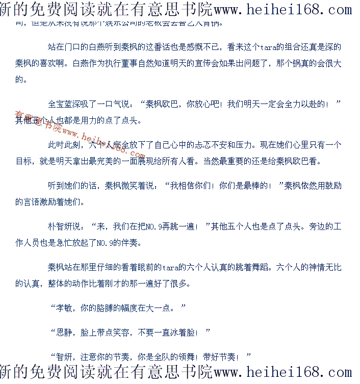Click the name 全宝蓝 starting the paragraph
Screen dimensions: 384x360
(x=60, y=104)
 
